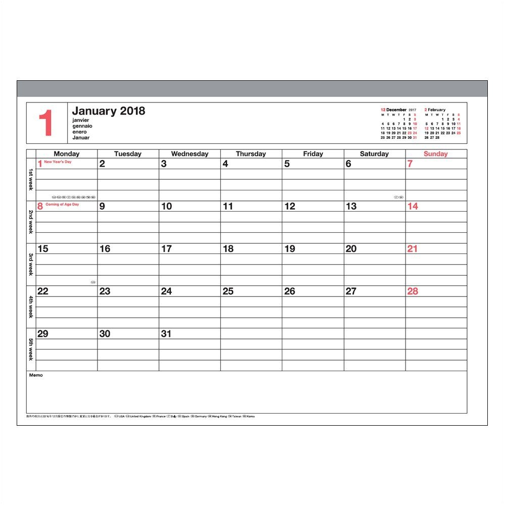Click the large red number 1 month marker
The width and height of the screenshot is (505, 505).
coord(46,123)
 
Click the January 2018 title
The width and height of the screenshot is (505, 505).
coord(108,111)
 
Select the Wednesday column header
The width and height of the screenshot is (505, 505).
coord(189,154)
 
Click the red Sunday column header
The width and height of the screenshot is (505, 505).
coord(435,154)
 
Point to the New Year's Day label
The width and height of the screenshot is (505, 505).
coord(58,162)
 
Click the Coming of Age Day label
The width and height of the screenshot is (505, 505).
coord(62,205)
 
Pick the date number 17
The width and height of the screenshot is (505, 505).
coord(166,249)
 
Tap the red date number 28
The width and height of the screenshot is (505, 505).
coord(413,291)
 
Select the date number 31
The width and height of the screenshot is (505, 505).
coord(166,334)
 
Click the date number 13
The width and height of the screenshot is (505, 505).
coord(351,207)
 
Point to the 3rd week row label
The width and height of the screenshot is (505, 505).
coord(31,264)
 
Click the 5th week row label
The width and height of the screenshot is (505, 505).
coord(31,349)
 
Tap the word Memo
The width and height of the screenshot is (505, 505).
coord(36,375)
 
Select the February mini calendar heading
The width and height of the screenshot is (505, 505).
coord(435,110)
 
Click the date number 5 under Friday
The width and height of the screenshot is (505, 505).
coord(287,164)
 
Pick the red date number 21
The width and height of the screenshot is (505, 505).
coord(413,249)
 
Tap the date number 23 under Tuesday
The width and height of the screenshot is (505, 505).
coord(105,291)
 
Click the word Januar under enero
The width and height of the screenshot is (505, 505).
coord(81,137)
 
